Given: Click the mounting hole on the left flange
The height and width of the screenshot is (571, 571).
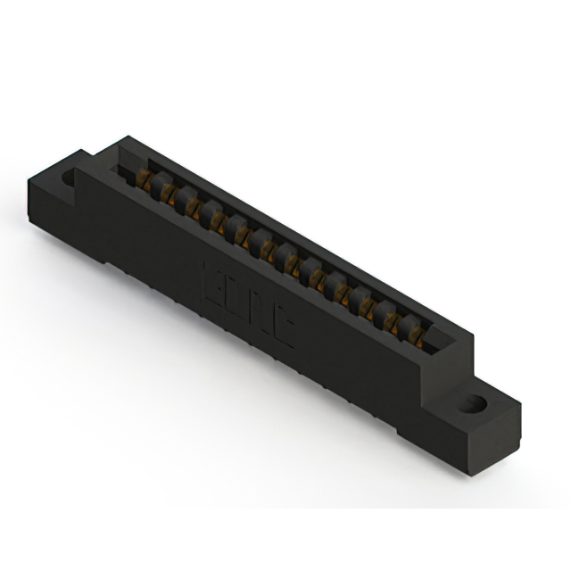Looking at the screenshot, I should tap(70, 177).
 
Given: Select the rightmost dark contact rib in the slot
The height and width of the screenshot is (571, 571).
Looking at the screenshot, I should tap(412, 323).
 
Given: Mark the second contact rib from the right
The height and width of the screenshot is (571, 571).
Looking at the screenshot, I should tap(389, 310).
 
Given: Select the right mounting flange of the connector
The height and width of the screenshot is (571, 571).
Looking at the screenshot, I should tap(477, 419).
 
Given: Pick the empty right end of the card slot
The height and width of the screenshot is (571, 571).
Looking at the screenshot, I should tap(437, 343).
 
